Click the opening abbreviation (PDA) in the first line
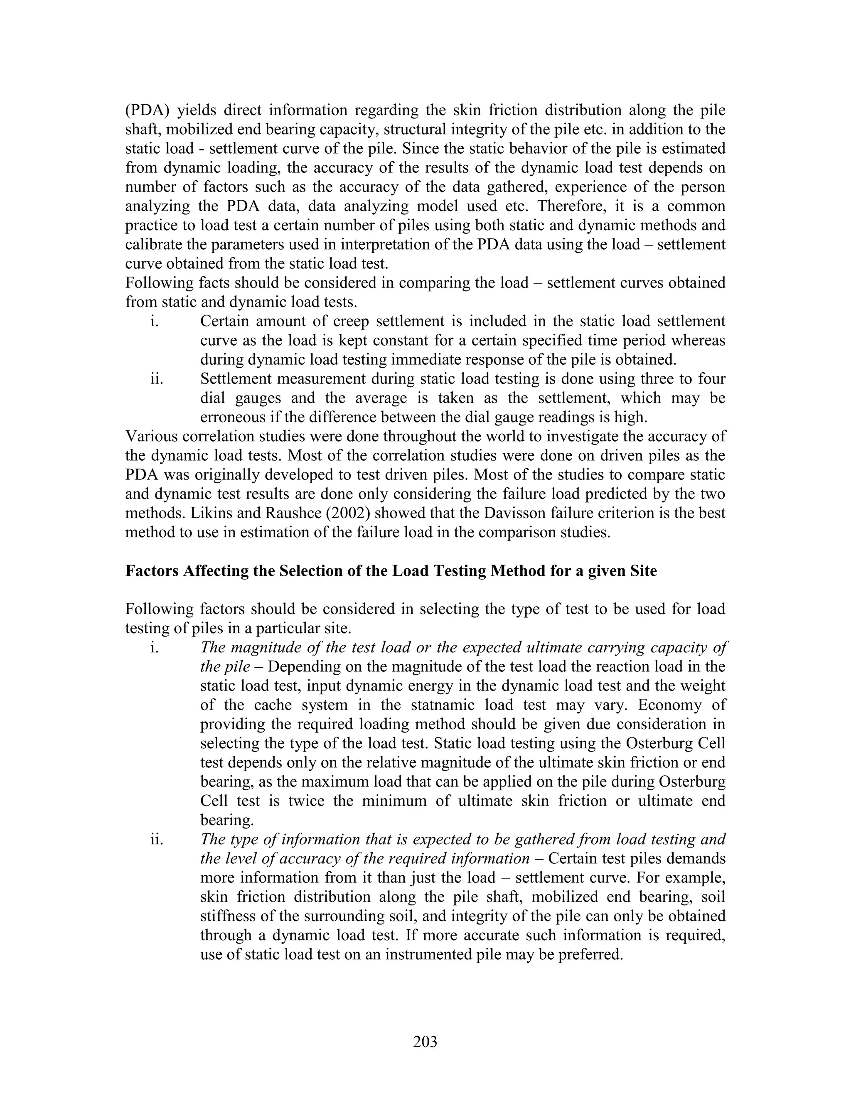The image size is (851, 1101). coord(147,111)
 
